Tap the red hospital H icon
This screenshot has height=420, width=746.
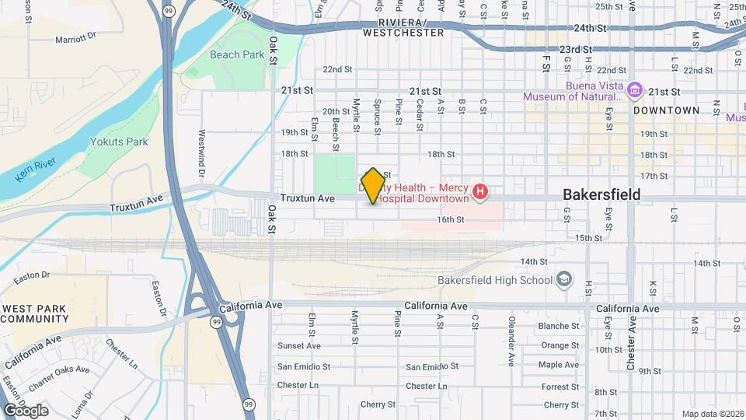pyautogui.click(x=481, y=191)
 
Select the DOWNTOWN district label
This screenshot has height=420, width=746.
pyautogui.click(x=666, y=110)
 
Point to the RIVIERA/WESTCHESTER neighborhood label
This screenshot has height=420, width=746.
pyautogui.click(x=403, y=28)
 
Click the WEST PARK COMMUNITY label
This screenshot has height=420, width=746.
pyautogui.click(x=35, y=313)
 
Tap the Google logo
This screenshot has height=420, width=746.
pyautogui.click(x=26, y=410)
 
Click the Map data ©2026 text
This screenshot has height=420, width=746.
pyautogui.click(x=712, y=414)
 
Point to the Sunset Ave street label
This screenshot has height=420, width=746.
pyautogui.click(x=299, y=346)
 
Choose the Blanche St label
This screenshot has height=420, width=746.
pyautogui.click(x=559, y=326)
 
